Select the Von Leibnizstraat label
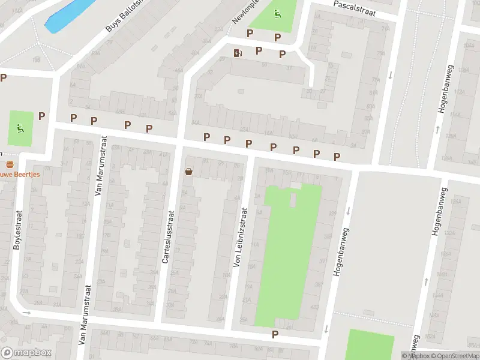click(x=240, y=237)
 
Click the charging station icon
click(x=238, y=53)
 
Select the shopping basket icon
click(x=189, y=172)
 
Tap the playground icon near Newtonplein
click(x=277, y=14)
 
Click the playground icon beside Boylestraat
click(x=20, y=127)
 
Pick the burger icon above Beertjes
click(x=9, y=164)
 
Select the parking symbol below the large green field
click(x=275, y=334)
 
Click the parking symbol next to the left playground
click(x=42, y=116)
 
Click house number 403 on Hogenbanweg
click(x=316, y=307)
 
